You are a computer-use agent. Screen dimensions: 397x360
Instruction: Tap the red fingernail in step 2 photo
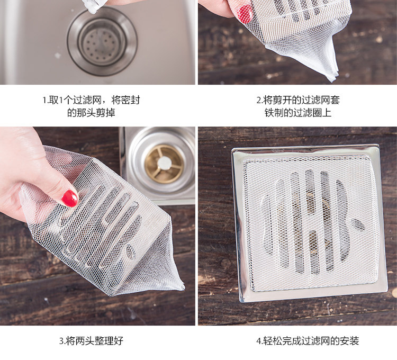[245, 14]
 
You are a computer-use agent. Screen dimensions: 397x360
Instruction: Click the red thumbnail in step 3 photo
[70, 198]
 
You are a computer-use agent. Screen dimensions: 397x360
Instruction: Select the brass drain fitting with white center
[164, 164]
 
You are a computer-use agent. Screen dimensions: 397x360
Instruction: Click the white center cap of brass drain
[164, 163]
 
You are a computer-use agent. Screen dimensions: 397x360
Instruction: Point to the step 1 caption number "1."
[46, 100]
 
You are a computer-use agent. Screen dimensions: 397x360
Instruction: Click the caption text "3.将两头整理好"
[91, 340]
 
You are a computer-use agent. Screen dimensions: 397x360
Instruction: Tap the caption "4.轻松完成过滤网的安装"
[308, 340]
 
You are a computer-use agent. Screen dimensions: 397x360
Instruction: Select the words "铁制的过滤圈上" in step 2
[298, 113]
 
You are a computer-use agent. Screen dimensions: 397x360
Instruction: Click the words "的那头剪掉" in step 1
[91, 113]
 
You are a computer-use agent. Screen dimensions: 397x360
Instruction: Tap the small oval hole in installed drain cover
[357, 225]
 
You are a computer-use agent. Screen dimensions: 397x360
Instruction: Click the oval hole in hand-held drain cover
[131, 252]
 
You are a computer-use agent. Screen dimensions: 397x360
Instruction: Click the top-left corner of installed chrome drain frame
[232, 149]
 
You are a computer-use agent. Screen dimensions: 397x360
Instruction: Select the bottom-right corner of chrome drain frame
[386, 291]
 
